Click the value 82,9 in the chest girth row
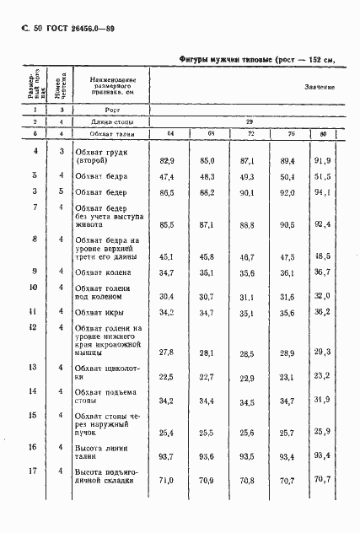click(x=166, y=160)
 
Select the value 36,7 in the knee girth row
click(x=323, y=273)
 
